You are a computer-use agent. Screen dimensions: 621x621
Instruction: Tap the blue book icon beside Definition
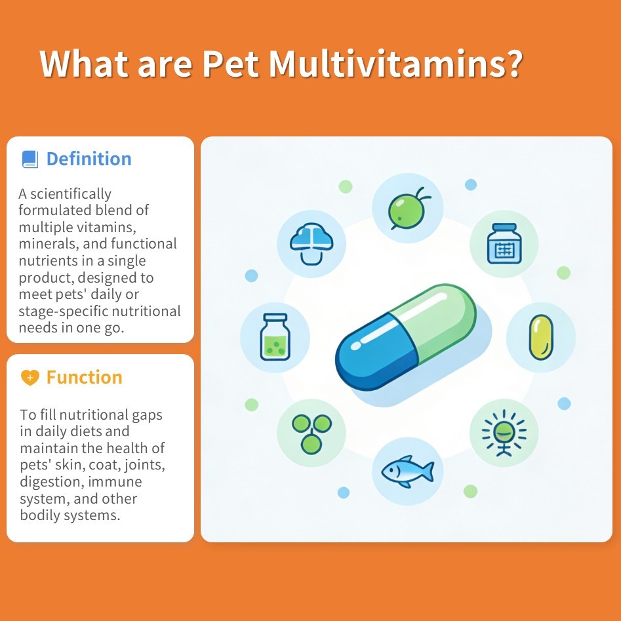[x=30, y=159]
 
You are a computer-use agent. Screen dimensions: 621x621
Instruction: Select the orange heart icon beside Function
[x=30, y=377]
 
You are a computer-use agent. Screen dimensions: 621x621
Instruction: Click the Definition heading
[x=89, y=159]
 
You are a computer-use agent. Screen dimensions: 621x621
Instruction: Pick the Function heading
[x=84, y=377]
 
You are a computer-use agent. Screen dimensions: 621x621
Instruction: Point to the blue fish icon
[x=407, y=470]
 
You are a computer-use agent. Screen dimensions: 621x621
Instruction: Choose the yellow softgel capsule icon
[x=541, y=338]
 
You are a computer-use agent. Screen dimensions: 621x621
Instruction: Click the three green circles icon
[x=311, y=433]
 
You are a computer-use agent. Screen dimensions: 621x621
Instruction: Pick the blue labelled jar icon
[x=504, y=244]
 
